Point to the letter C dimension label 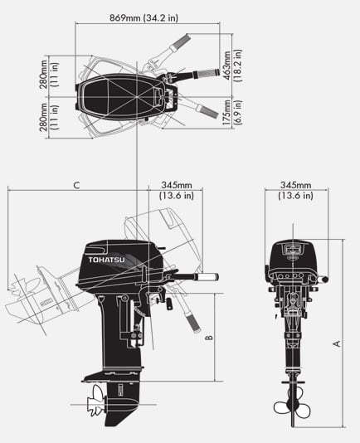pos(75,185)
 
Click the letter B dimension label pos(209,337)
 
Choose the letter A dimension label pos(336,342)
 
